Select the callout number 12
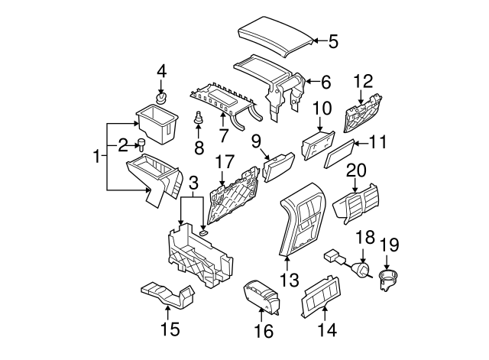(363, 79)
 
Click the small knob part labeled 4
(161, 99)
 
